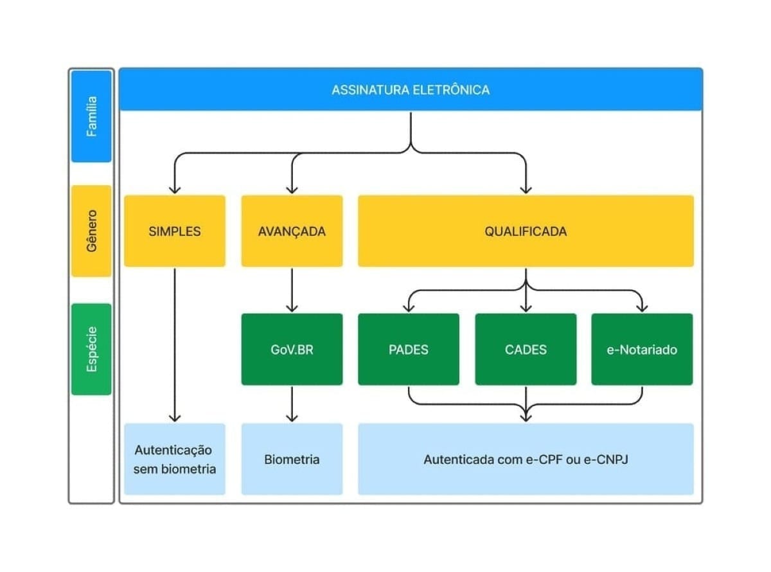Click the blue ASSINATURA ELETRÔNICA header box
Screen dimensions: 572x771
411,89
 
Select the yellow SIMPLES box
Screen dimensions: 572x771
175,231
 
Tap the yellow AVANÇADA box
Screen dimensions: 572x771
292,231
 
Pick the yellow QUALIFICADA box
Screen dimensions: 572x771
526,231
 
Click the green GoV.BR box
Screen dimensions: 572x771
292,350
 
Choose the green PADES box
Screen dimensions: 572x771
409,350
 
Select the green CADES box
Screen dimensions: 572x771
526,350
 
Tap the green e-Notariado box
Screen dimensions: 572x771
642,350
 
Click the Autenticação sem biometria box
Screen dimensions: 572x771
175,459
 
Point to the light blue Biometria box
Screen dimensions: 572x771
292,459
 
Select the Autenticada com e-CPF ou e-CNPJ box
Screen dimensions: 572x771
526,459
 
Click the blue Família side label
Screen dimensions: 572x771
92,116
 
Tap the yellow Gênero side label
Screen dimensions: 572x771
92,231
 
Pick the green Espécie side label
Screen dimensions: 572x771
92,349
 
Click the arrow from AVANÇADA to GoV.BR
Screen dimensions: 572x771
292,289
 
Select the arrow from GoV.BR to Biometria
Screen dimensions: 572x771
292,404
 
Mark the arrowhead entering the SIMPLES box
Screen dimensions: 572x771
175,189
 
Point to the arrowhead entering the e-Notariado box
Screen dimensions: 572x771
642,307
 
